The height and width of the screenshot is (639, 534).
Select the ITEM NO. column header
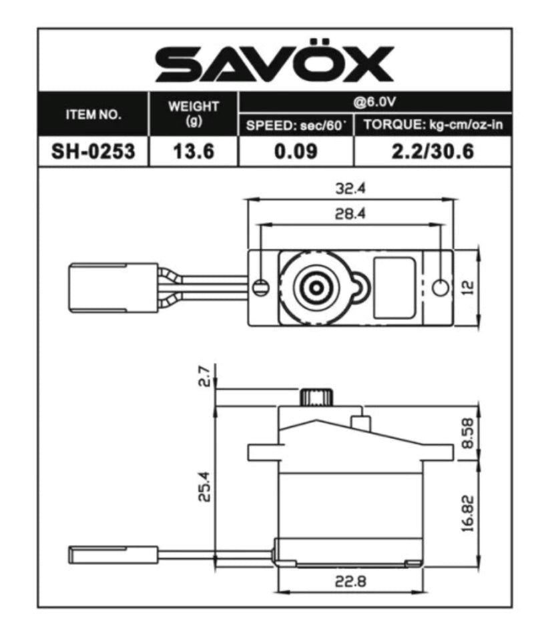click(93, 114)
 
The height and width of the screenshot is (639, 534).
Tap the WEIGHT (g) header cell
click(194, 113)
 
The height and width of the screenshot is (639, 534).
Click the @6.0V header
click(374, 103)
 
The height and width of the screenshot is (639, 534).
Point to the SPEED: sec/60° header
click(295, 126)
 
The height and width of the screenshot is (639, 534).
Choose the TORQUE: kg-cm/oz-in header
click(433, 126)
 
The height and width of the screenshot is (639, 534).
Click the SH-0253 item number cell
click(93, 152)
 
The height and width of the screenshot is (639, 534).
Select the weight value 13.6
click(194, 152)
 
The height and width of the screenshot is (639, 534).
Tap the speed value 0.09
click(295, 152)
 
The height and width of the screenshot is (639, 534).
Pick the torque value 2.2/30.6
click(433, 152)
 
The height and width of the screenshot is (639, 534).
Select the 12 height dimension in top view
click(467, 287)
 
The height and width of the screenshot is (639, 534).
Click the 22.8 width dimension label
click(350, 581)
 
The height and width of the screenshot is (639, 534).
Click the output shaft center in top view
click(314, 287)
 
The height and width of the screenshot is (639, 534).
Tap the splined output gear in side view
click(315, 398)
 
